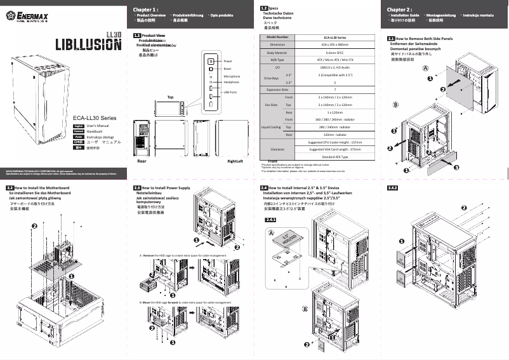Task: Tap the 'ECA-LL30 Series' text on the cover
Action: (95, 117)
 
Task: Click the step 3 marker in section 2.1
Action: (456, 166)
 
